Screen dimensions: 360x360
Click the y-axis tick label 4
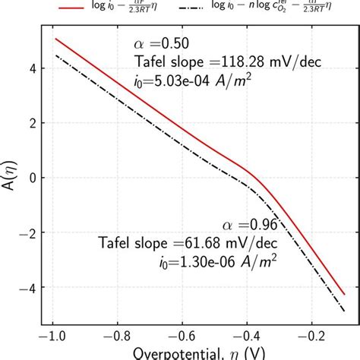31,68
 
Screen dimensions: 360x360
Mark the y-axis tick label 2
31,122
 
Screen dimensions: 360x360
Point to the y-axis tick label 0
31,178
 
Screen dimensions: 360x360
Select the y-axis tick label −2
27,232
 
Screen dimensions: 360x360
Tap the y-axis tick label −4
27,287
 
